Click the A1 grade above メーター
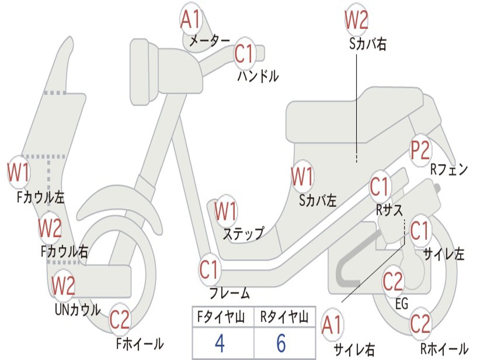[x=190, y=20]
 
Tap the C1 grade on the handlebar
[x=244, y=54]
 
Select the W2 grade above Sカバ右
[x=356, y=20]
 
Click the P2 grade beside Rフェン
[x=420, y=151]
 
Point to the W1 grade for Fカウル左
[x=19, y=172]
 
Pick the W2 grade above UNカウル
[x=63, y=285]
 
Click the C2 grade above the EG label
[x=393, y=281]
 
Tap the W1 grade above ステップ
[x=225, y=211]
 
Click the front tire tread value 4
[x=219, y=343]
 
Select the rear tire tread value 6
[x=281, y=343]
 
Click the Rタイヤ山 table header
[x=284, y=318]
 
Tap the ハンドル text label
[x=258, y=76]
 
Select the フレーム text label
[x=230, y=293]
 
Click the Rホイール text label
[x=444, y=349]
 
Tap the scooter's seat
[x=356, y=115]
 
